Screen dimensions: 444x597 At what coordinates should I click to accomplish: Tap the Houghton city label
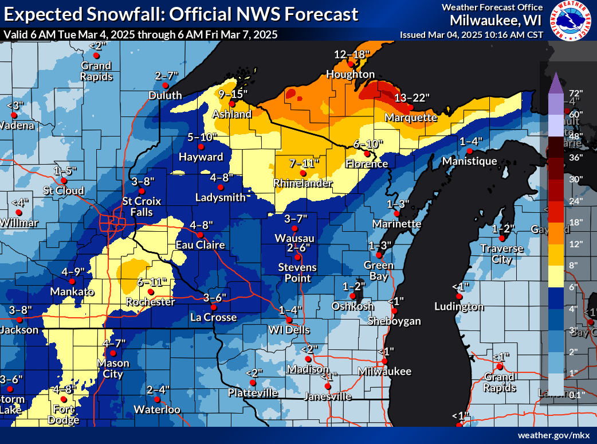coord(351,75)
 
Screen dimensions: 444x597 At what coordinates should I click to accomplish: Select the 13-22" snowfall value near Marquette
coord(411,98)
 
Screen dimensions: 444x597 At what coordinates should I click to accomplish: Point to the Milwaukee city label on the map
coord(385,372)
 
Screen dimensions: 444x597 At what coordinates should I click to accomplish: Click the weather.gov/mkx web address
coord(554,435)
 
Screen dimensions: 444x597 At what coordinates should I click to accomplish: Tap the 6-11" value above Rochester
coord(152,282)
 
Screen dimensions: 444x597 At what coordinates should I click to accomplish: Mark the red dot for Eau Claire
coord(201,235)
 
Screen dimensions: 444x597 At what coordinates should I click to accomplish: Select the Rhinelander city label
coord(303,183)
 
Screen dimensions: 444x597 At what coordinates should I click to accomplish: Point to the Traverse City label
coord(502,254)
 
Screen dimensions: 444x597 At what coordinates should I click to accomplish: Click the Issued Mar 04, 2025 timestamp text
coord(472,34)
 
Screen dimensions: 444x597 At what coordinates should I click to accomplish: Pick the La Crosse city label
coord(213,317)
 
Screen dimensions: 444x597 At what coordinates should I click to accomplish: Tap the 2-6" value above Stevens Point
coord(298,248)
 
